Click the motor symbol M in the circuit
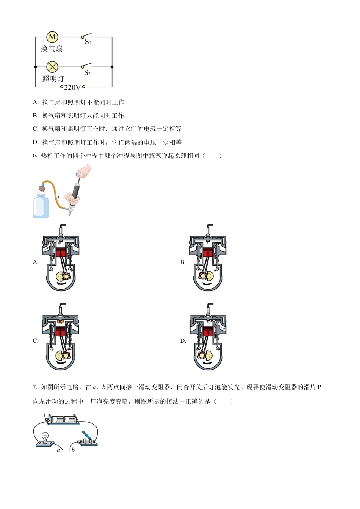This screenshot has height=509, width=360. [x=52, y=37]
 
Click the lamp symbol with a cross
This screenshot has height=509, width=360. [x=52, y=67]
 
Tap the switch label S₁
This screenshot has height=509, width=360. [x=88, y=42]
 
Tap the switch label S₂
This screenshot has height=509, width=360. [x=87, y=72]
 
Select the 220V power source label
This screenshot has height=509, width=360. [x=72, y=87]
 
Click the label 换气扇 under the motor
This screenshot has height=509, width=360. [x=52, y=48]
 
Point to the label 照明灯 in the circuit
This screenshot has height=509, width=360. [x=53, y=79]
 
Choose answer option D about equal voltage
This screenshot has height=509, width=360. [x=107, y=142]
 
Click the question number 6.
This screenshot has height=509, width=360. [x=34, y=156]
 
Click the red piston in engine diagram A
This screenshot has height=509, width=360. [x=61, y=253]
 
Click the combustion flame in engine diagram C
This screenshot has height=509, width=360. [x=61, y=322]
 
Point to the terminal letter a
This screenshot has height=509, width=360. [x=59, y=450]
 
